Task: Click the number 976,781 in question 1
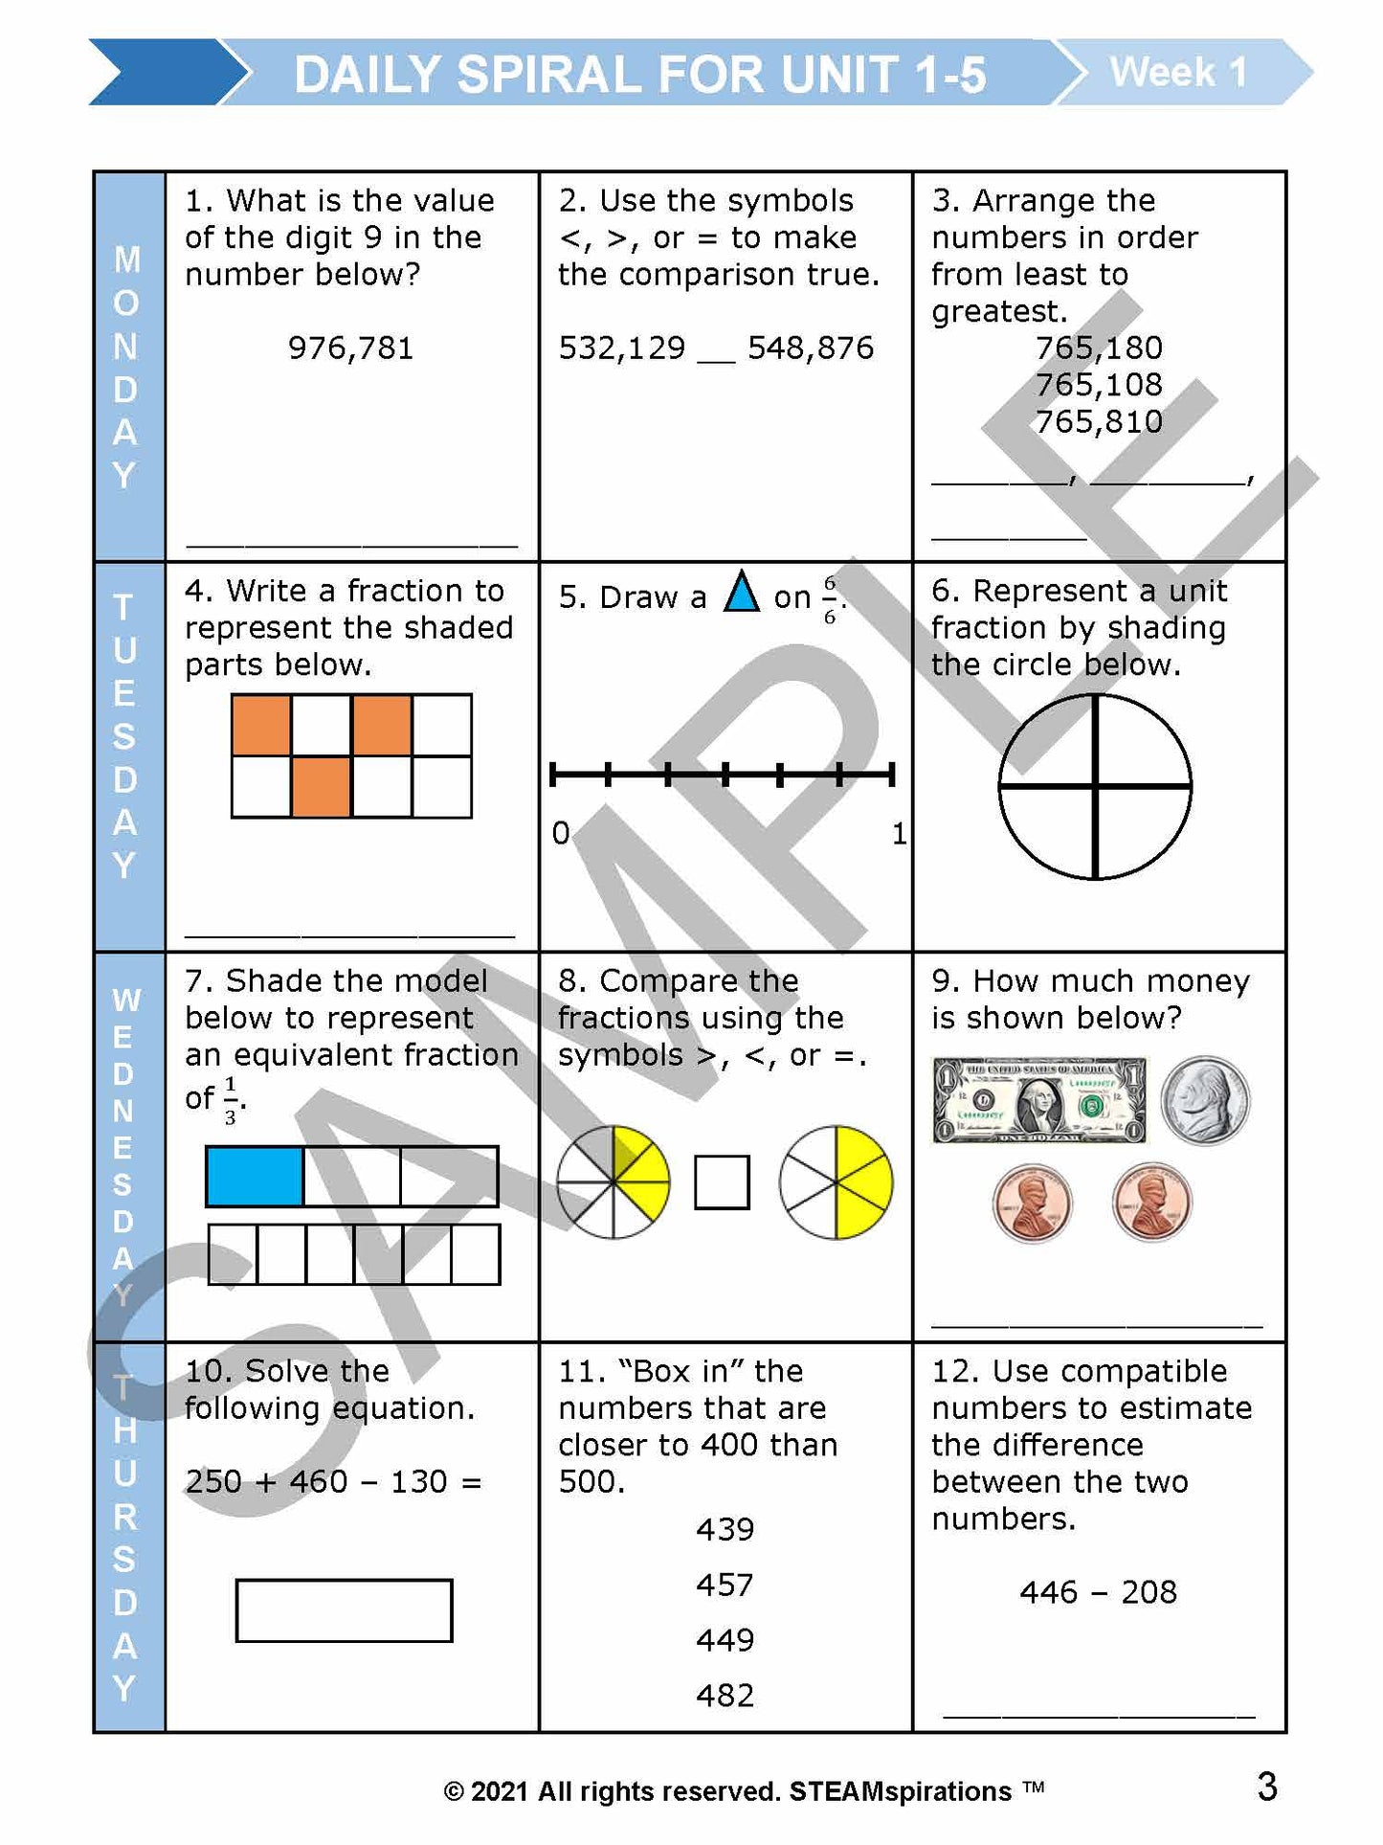click(x=350, y=348)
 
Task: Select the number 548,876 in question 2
click(x=811, y=348)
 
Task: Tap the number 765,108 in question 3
click(x=1099, y=385)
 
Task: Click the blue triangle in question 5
click(x=742, y=593)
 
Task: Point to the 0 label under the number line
click(x=561, y=833)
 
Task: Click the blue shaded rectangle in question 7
click(x=256, y=1176)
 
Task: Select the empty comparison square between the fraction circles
click(x=722, y=1182)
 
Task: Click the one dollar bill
click(x=1039, y=1100)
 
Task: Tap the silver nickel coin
click(x=1205, y=1101)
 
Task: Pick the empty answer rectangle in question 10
click(x=344, y=1610)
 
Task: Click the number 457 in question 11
click(x=725, y=1585)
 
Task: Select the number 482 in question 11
click(x=725, y=1696)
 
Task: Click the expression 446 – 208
click(x=1098, y=1592)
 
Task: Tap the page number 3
click(x=1267, y=1787)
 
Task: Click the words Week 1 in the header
click(x=1178, y=73)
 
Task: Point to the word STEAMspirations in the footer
click(x=900, y=1791)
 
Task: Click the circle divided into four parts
click(x=1095, y=787)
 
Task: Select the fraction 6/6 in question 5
click(x=829, y=599)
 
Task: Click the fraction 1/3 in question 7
click(x=230, y=1100)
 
